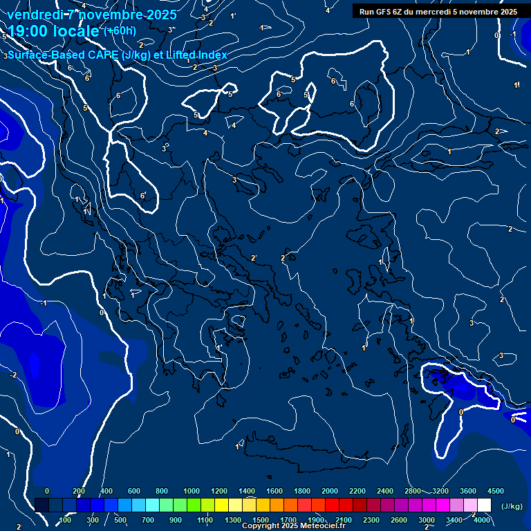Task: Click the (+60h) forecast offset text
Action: click(120, 30)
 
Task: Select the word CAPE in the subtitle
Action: click(100, 55)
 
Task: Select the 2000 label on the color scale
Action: click(330, 491)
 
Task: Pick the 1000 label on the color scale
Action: click(192, 491)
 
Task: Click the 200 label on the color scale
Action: click(78, 491)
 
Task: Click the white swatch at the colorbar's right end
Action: click(484, 505)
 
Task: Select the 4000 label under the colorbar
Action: click(483, 520)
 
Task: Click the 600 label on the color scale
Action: click(134, 491)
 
